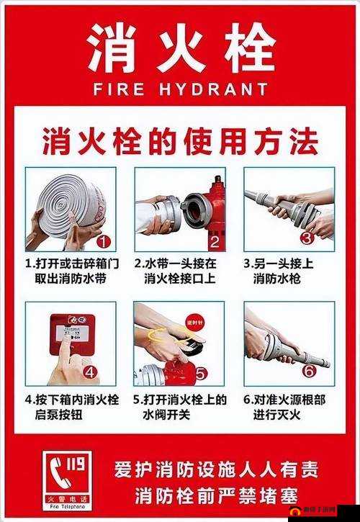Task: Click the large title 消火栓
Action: click(x=181, y=49)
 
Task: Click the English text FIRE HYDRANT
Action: click(x=181, y=89)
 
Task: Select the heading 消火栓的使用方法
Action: click(x=179, y=140)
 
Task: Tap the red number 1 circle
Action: click(x=104, y=241)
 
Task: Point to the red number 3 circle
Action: click(x=307, y=237)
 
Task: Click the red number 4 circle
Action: click(x=90, y=372)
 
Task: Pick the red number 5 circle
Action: click(x=200, y=373)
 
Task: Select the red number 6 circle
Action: click(x=307, y=372)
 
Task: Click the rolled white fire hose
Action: click(x=68, y=205)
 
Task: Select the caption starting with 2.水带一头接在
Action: click(x=179, y=271)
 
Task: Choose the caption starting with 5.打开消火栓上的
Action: click(x=179, y=407)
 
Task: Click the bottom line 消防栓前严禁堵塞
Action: click(x=216, y=495)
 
